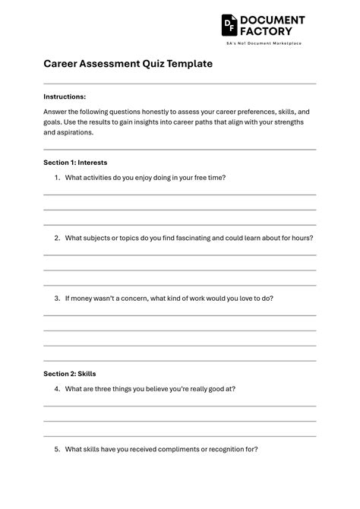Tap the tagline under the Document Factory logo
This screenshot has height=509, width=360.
(x=264, y=43)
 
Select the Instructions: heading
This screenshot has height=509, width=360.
(x=65, y=96)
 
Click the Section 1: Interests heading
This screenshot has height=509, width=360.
(x=75, y=163)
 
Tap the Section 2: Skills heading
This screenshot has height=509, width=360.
(x=69, y=374)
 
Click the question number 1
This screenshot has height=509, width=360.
(x=57, y=178)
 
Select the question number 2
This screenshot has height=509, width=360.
(x=57, y=238)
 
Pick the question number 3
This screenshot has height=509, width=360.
(x=57, y=299)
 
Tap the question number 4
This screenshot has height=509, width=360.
(x=57, y=389)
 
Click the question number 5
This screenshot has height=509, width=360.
(x=57, y=449)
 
